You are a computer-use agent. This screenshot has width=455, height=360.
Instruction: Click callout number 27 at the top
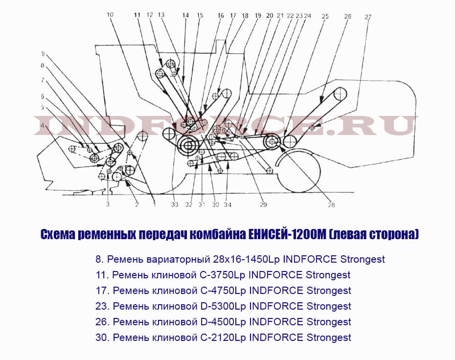(x=367, y=17)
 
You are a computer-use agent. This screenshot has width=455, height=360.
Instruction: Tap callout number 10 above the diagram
(x=110, y=15)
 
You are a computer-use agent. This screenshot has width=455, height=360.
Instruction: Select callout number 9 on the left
(x=43, y=54)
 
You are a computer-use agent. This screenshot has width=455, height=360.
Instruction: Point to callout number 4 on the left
(x=43, y=126)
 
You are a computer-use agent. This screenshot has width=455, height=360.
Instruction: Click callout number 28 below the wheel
(x=331, y=205)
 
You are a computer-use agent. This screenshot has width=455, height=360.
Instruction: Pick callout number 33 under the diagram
(x=175, y=205)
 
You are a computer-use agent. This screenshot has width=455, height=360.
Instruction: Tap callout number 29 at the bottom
(x=263, y=205)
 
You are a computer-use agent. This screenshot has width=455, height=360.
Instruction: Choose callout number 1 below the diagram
(x=155, y=205)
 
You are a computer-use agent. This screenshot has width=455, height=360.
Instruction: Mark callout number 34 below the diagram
(x=227, y=205)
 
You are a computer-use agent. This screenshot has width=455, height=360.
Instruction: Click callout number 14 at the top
(x=185, y=15)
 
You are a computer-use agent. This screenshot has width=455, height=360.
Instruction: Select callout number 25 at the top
(x=325, y=16)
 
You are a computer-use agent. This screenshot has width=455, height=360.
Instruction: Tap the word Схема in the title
(x=58, y=234)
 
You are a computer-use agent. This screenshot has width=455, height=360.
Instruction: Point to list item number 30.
(x=103, y=337)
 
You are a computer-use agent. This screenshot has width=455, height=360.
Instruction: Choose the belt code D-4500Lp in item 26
(x=223, y=322)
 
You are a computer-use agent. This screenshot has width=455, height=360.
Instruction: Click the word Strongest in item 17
(x=329, y=291)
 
